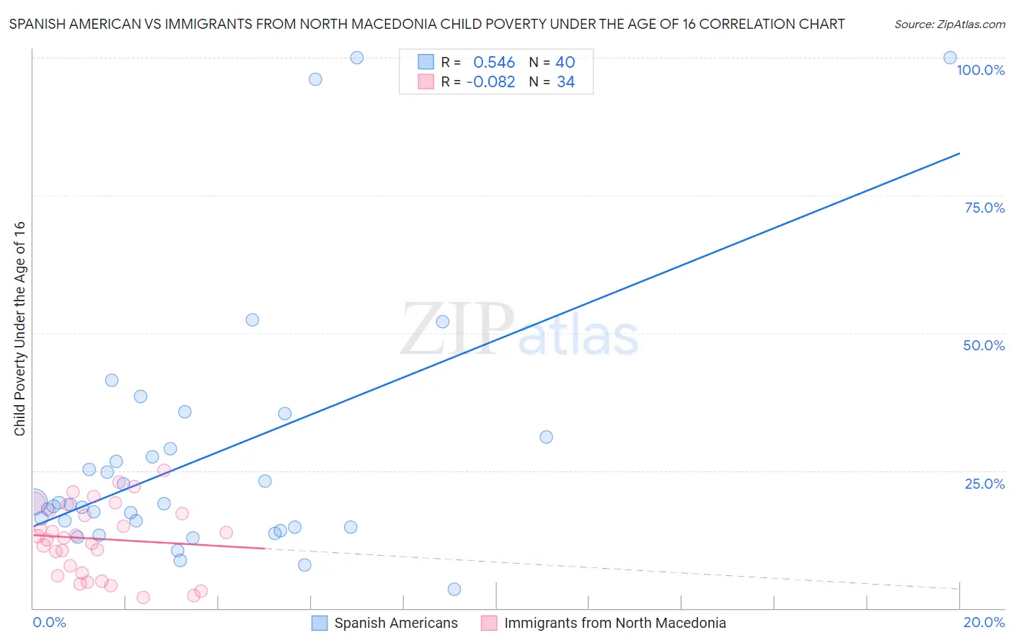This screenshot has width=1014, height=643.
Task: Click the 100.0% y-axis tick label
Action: (980, 70)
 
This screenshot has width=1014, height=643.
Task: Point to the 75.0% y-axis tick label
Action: (984, 208)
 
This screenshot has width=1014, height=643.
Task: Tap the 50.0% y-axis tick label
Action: (984, 345)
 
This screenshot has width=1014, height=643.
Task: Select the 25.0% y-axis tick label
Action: (984, 484)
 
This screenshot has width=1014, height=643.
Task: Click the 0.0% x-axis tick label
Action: (49, 622)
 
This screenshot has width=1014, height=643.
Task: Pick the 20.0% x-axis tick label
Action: (984, 622)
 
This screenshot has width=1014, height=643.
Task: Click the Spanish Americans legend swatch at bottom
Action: (319, 623)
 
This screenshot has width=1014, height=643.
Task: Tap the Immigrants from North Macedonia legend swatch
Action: (489, 623)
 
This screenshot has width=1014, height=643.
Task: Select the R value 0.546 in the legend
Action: (494, 63)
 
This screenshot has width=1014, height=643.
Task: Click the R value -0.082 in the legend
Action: (490, 82)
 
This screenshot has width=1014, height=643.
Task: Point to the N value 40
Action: (565, 63)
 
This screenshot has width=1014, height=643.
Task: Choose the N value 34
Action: (565, 82)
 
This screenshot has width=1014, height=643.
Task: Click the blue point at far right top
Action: (950, 58)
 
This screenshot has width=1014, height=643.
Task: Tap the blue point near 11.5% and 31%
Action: (546, 437)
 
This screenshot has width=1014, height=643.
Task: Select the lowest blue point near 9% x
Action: (454, 589)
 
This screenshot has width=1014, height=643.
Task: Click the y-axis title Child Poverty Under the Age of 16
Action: (19, 328)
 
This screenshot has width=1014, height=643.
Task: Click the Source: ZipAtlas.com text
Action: (949, 25)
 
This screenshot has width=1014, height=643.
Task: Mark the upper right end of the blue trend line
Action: (959, 154)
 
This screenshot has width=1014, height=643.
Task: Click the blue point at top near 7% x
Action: (356, 58)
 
